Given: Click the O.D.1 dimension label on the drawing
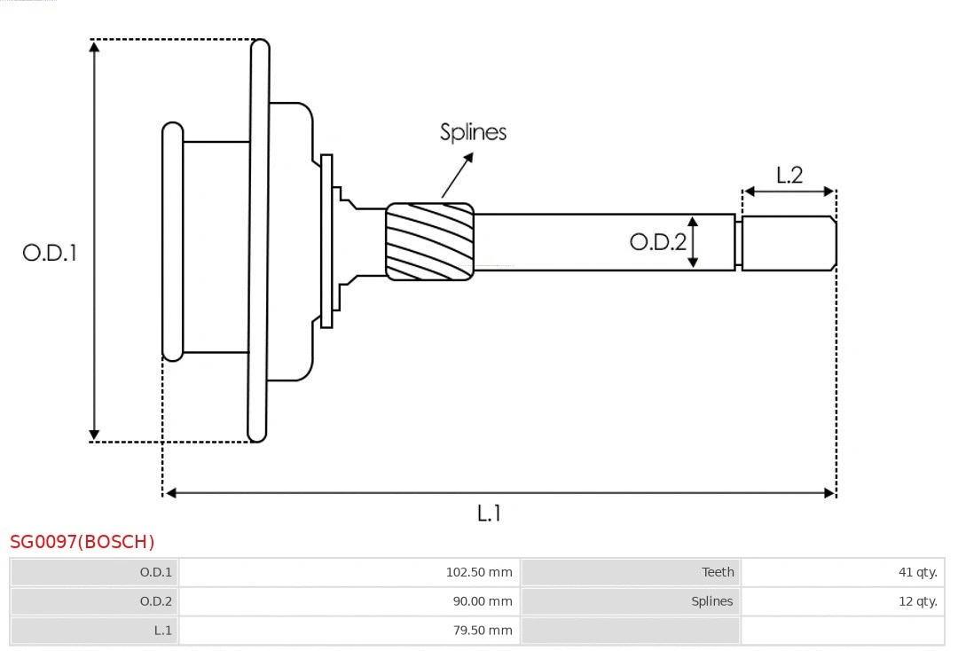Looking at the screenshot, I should [x=50, y=253].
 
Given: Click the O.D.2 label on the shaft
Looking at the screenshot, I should [x=657, y=241].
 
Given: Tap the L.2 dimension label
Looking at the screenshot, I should [x=789, y=175].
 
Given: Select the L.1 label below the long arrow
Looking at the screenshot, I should [x=489, y=513].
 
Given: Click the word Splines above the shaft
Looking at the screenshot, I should [x=474, y=132].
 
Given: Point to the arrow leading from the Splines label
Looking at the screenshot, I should [x=457, y=176].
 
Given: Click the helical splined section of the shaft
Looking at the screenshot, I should [x=429, y=242].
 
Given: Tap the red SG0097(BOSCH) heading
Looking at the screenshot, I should [x=82, y=542].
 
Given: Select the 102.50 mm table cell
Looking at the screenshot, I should [x=479, y=572].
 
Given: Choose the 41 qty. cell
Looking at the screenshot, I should [x=917, y=572].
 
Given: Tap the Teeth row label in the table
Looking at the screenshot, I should [x=718, y=572].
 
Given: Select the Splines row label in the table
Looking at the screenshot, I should [x=712, y=601].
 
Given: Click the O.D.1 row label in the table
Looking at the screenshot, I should [x=156, y=572].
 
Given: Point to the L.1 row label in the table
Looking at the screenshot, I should [x=162, y=631].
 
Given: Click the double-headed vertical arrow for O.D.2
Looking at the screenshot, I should [x=694, y=241].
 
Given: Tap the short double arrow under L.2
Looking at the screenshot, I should [x=789, y=191].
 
